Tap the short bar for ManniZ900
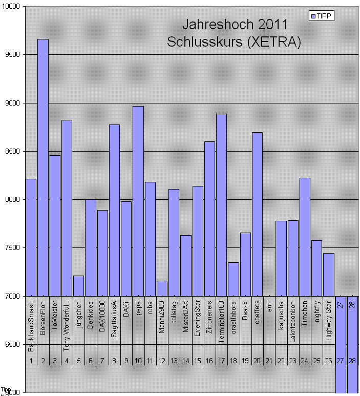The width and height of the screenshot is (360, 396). [x=162, y=288]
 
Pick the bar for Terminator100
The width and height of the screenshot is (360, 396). [x=221, y=205]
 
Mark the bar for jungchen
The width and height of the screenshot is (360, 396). [x=78, y=286]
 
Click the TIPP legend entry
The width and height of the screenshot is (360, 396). [x=322, y=16]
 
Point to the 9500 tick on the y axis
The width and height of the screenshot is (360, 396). [x=12, y=55]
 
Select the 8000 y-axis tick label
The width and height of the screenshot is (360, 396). [x=12, y=200]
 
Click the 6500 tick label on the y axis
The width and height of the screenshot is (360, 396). [x=12, y=344]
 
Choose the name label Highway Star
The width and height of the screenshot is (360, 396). [x=329, y=321]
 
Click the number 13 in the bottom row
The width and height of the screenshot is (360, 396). [x=174, y=361]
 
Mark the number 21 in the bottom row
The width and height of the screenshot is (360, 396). [x=269, y=361]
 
